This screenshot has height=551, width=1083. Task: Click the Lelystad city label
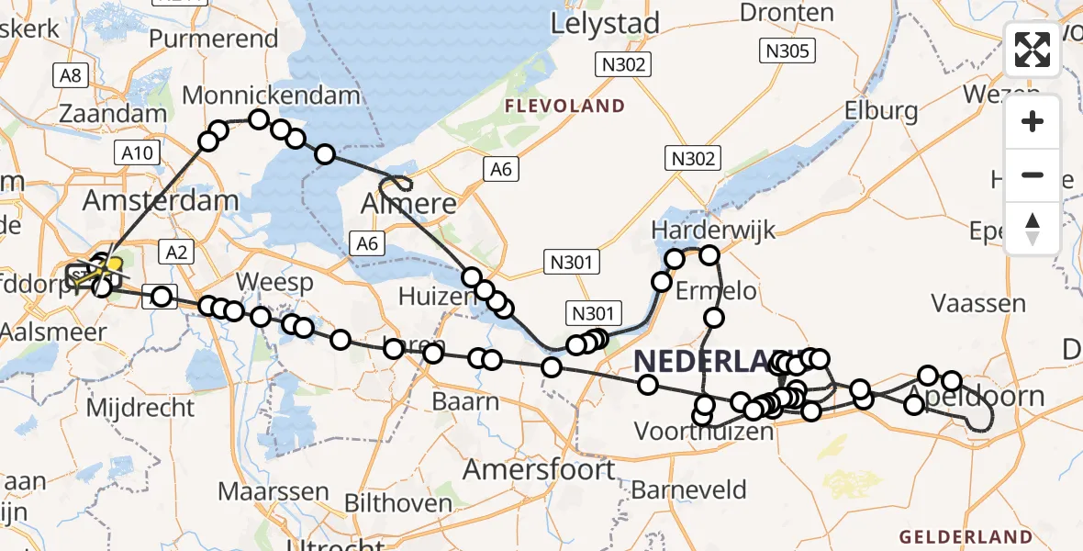coord(606,24)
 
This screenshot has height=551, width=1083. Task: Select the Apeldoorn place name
coord(975,398)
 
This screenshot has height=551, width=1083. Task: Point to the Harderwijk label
coord(701,230)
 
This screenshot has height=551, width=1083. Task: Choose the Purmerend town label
coord(213,39)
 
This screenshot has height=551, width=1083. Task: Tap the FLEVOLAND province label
coord(564,107)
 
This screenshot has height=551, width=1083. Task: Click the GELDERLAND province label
coord(966,536)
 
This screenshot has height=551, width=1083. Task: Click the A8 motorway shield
coord(70,76)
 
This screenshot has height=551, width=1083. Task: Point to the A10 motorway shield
coord(135,153)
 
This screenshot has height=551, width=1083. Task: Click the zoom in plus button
coord(1033,121)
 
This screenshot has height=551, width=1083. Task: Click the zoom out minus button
coord(1033,174)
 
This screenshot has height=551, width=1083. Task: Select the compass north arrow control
coord(1033,228)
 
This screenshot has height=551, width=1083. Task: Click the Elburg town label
coord(882,112)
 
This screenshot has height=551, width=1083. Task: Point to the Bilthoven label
coord(398,503)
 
